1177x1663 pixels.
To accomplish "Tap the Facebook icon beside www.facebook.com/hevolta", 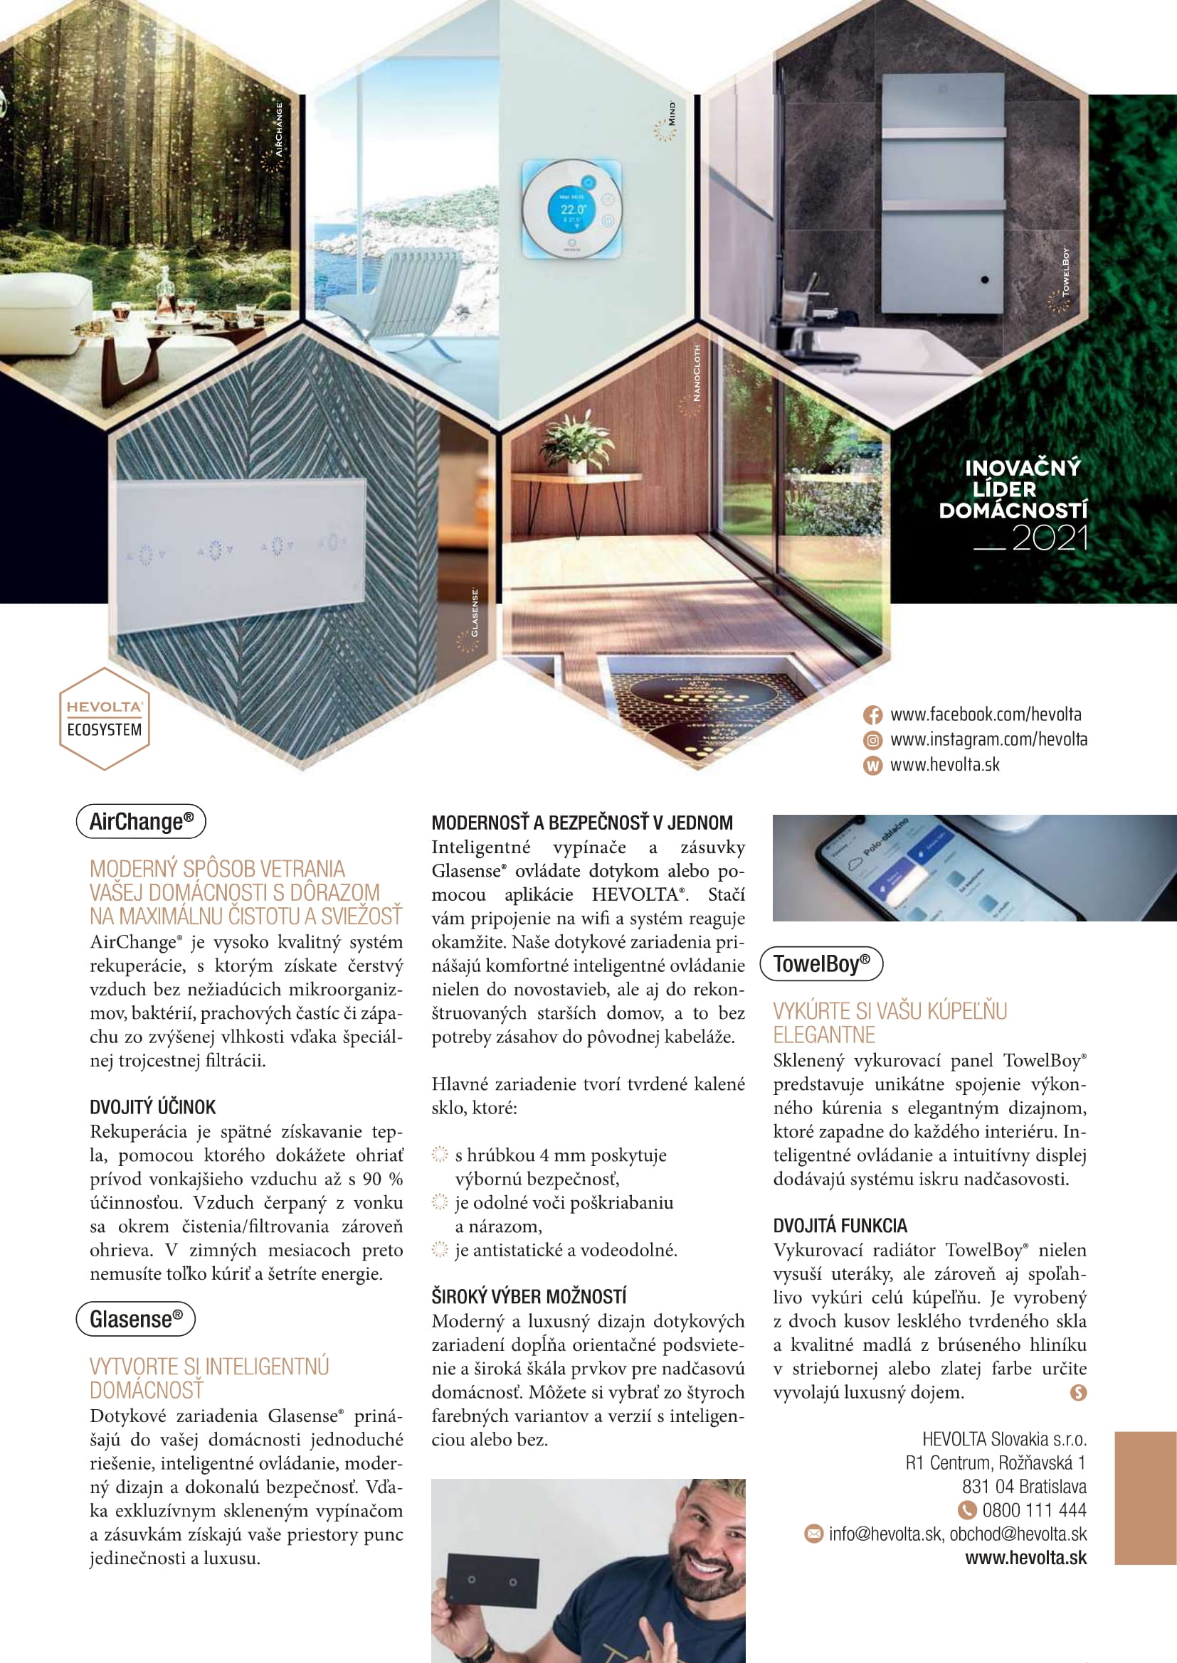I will pyautogui.click(x=872, y=715).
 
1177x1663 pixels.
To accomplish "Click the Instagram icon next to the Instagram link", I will pyautogui.click(x=872, y=740).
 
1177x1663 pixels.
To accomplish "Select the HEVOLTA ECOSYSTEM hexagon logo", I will pyautogui.click(x=105, y=719).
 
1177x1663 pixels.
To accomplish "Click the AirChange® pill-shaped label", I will pyautogui.click(x=142, y=821).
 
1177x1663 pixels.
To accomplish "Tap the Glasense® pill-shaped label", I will pyautogui.click(x=135, y=1319).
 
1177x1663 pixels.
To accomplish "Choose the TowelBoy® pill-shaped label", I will pyautogui.click(x=821, y=963).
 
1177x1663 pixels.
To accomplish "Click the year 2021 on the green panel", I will pyautogui.click(x=1050, y=538).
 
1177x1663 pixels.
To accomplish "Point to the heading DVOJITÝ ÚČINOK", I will pyautogui.click(x=153, y=1107).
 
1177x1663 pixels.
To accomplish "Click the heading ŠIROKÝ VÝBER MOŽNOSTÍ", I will pyautogui.click(x=529, y=1297).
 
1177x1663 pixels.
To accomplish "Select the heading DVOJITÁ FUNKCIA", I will pyautogui.click(x=840, y=1226).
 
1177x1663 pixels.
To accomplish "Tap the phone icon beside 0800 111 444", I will pyautogui.click(x=967, y=1510).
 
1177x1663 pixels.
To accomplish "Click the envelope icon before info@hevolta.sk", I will pyautogui.click(x=814, y=1534).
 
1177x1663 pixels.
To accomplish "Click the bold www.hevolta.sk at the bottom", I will pyautogui.click(x=1025, y=1558).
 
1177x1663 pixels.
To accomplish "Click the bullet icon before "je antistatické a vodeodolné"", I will pyautogui.click(x=440, y=1249).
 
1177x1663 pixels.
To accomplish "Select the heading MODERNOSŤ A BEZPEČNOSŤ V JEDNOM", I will pyautogui.click(x=582, y=823).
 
